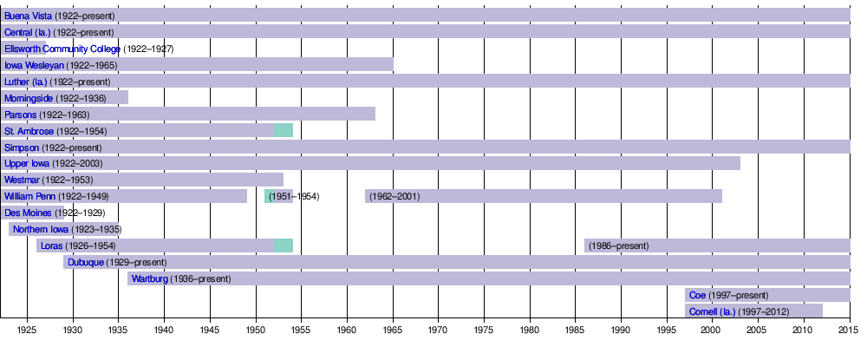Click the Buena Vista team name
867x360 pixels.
coord(28,16)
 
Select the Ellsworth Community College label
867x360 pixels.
coord(62,49)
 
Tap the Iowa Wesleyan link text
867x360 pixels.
coord(35,65)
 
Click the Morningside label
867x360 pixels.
coord(29,98)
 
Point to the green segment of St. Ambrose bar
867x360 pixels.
coord(284,130)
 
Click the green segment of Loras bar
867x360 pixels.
coord(284,245)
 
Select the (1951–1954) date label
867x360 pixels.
coord(294,197)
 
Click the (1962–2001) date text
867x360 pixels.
coord(394,197)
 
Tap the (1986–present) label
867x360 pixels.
coord(618,245)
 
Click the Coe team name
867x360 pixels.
coord(697,295)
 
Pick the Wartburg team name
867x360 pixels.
coord(149,278)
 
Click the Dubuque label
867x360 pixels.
coord(86,262)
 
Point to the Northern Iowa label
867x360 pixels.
coord(41,230)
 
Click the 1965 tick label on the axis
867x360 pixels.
coord(393,331)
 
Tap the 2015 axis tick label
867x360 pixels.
coord(849,331)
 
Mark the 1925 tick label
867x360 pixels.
coord(27,331)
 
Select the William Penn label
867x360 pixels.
coord(29,197)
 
